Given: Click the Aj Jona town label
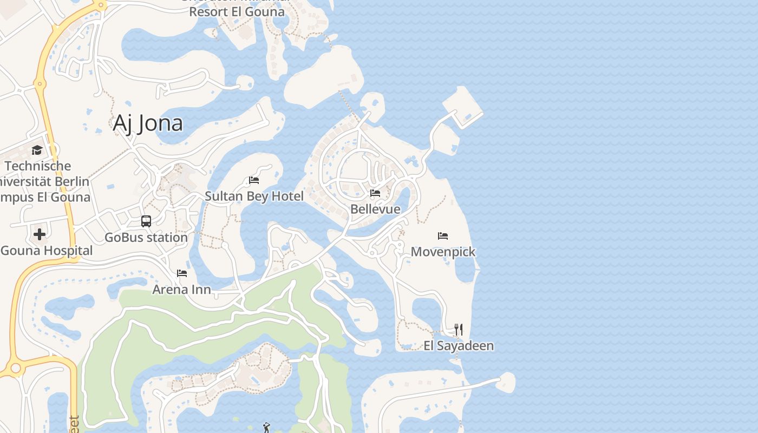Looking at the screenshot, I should tap(147, 123).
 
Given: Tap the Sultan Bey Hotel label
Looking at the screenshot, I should tap(254, 196).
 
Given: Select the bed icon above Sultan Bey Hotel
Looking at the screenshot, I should tap(254, 180).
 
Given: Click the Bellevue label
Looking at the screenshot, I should tap(375, 209).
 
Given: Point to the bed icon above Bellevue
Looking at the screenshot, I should tap(375, 193).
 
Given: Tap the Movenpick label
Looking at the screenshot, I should tap(443, 252).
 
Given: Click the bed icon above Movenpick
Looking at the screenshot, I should tap(443, 236).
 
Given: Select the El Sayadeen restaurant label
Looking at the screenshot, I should tap(458, 346).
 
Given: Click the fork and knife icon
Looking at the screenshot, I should tap(458, 329).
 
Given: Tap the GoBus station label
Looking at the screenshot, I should tap(146, 237).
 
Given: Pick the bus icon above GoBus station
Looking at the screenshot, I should tap(146, 221).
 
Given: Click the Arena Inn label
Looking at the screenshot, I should tap(181, 289).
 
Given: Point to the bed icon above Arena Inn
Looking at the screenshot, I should tap(182, 273).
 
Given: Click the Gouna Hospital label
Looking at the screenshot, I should tap(46, 251).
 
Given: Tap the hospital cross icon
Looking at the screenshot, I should tap(40, 234).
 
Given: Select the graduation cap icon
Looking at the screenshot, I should tap(37, 150).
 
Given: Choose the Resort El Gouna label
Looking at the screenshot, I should tap(237, 11).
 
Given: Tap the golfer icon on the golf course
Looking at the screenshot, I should tap(266, 428).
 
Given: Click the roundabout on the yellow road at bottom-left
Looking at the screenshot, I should tap(15, 369).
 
